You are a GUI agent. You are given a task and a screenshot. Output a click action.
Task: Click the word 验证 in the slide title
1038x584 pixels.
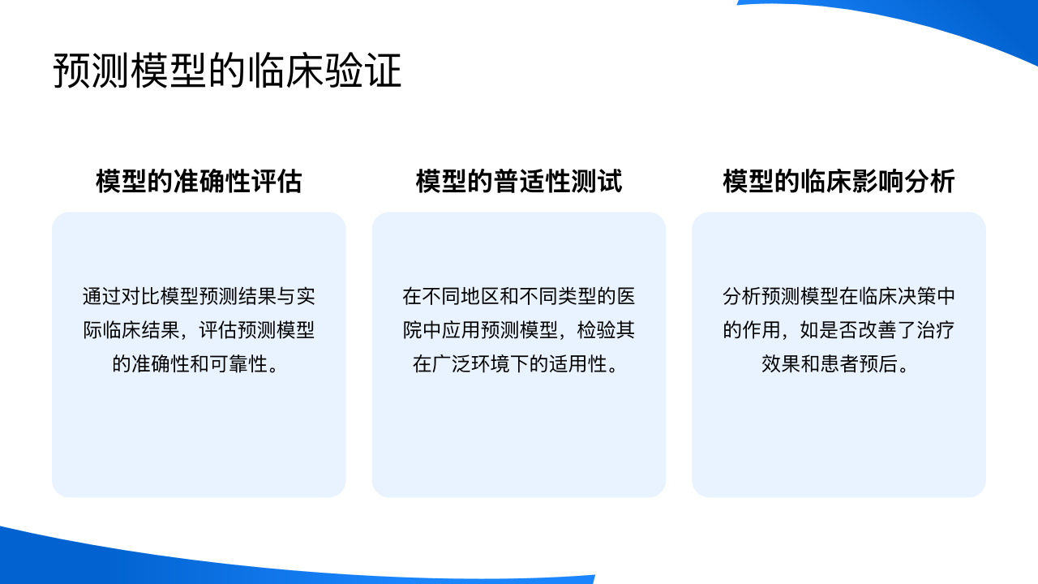(362, 71)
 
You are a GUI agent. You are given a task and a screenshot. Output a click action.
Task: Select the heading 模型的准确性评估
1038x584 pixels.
(199, 181)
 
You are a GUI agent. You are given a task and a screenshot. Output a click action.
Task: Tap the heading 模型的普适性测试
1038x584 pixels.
(518, 181)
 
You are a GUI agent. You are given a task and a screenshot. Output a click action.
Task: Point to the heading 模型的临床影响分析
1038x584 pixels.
(839, 181)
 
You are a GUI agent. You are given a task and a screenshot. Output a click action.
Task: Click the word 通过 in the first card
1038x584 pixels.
(102, 297)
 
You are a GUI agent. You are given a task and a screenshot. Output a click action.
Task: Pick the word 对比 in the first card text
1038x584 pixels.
(141, 297)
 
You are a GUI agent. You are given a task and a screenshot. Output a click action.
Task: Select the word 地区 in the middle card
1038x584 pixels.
(480, 297)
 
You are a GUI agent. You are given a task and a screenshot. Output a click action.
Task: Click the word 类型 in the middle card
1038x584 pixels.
(577, 297)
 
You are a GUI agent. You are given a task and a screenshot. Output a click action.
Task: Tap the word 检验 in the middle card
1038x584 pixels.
(596, 330)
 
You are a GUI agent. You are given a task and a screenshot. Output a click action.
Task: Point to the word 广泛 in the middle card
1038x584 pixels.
(452, 364)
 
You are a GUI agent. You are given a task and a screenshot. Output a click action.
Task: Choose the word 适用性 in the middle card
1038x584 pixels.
(578, 364)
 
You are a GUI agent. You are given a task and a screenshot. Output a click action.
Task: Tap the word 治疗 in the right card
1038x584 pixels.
(936, 330)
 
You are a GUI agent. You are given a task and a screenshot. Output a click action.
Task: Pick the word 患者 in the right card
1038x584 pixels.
(839, 364)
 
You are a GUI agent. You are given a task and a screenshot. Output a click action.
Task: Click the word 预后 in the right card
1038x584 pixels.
(878, 364)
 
